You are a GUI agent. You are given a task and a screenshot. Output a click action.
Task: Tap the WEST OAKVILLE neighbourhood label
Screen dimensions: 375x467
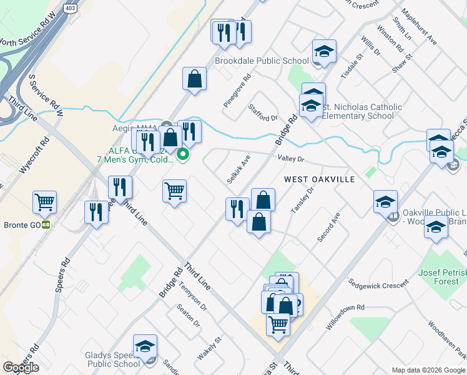point(320,179)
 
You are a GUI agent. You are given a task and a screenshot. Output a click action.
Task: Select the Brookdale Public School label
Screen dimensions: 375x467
point(262,61)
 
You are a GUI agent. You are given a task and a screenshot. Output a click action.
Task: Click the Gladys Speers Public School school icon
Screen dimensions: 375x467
point(145,347)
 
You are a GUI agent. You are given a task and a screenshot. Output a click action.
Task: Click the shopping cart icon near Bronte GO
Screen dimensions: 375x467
point(45,202)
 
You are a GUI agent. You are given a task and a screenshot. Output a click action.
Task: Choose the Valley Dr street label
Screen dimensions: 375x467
point(290,159)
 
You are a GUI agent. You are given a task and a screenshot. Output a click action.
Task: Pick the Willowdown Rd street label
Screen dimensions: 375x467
point(345,316)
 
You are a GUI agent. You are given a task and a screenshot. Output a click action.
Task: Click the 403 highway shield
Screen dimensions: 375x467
point(69,8)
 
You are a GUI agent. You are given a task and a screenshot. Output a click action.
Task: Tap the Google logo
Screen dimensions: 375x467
point(21,367)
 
